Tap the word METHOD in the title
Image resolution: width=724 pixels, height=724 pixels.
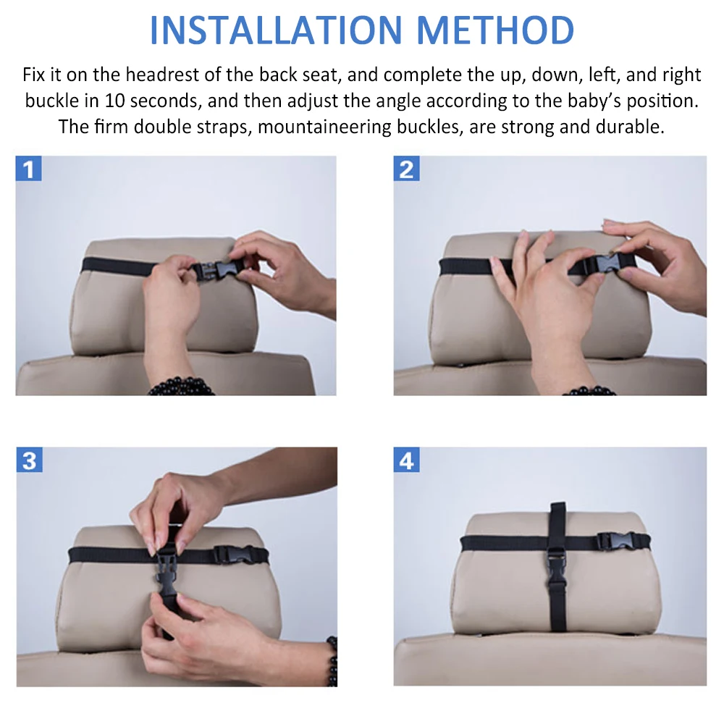(x=495, y=30)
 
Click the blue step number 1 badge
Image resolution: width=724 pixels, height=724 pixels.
(x=29, y=169)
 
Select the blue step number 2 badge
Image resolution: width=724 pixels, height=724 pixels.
(x=406, y=169)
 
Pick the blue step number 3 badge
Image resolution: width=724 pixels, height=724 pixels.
(x=29, y=460)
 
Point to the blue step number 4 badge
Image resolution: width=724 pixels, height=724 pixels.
(x=406, y=460)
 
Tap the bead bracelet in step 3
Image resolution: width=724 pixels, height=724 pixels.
(x=332, y=661)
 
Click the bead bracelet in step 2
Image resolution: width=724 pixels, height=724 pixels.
(x=589, y=391)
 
